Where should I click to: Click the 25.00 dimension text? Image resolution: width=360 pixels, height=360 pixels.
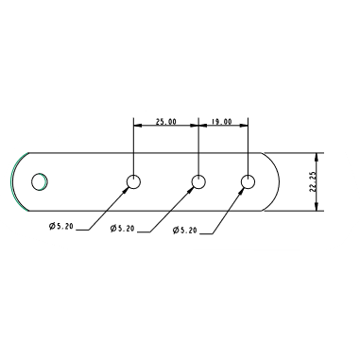165,121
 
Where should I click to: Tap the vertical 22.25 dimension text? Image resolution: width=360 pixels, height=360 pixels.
312,181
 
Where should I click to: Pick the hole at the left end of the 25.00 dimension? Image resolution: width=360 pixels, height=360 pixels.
133,181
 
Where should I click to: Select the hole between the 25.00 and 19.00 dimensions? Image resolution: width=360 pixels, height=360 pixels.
198,181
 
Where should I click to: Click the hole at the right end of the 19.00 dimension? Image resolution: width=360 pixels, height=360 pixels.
249,181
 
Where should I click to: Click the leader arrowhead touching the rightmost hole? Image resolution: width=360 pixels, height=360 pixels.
243,189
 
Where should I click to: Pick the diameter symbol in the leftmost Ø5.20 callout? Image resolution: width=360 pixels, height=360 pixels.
49,227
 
